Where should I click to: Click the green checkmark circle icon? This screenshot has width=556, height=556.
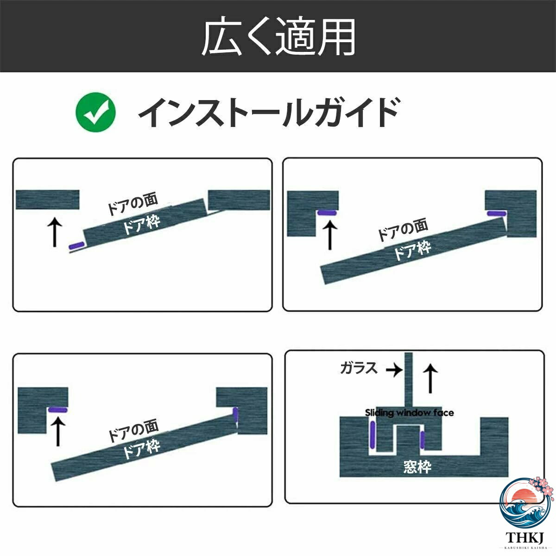[x=95, y=112]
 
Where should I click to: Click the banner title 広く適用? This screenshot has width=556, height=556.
[x=278, y=37]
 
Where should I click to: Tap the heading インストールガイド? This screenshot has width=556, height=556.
[x=269, y=112]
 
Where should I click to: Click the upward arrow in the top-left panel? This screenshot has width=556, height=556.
[x=55, y=232]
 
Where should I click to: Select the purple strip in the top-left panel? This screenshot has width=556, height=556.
[x=77, y=246]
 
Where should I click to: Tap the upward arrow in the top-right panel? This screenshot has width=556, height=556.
[x=330, y=235]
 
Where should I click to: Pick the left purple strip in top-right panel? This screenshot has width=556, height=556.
[x=327, y=213]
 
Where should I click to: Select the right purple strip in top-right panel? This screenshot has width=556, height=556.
[x=497, y=214]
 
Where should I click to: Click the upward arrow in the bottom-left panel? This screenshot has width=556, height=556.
[x=58, y=432]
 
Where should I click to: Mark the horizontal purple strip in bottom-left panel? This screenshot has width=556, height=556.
[x=58, y=410]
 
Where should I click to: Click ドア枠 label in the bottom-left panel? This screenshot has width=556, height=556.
[x=142, y=449]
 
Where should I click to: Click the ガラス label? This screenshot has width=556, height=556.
[x=359, y=368]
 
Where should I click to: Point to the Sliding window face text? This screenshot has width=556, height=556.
[x=409, y=413]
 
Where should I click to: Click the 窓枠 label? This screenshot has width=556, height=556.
[x=417, y=467]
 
